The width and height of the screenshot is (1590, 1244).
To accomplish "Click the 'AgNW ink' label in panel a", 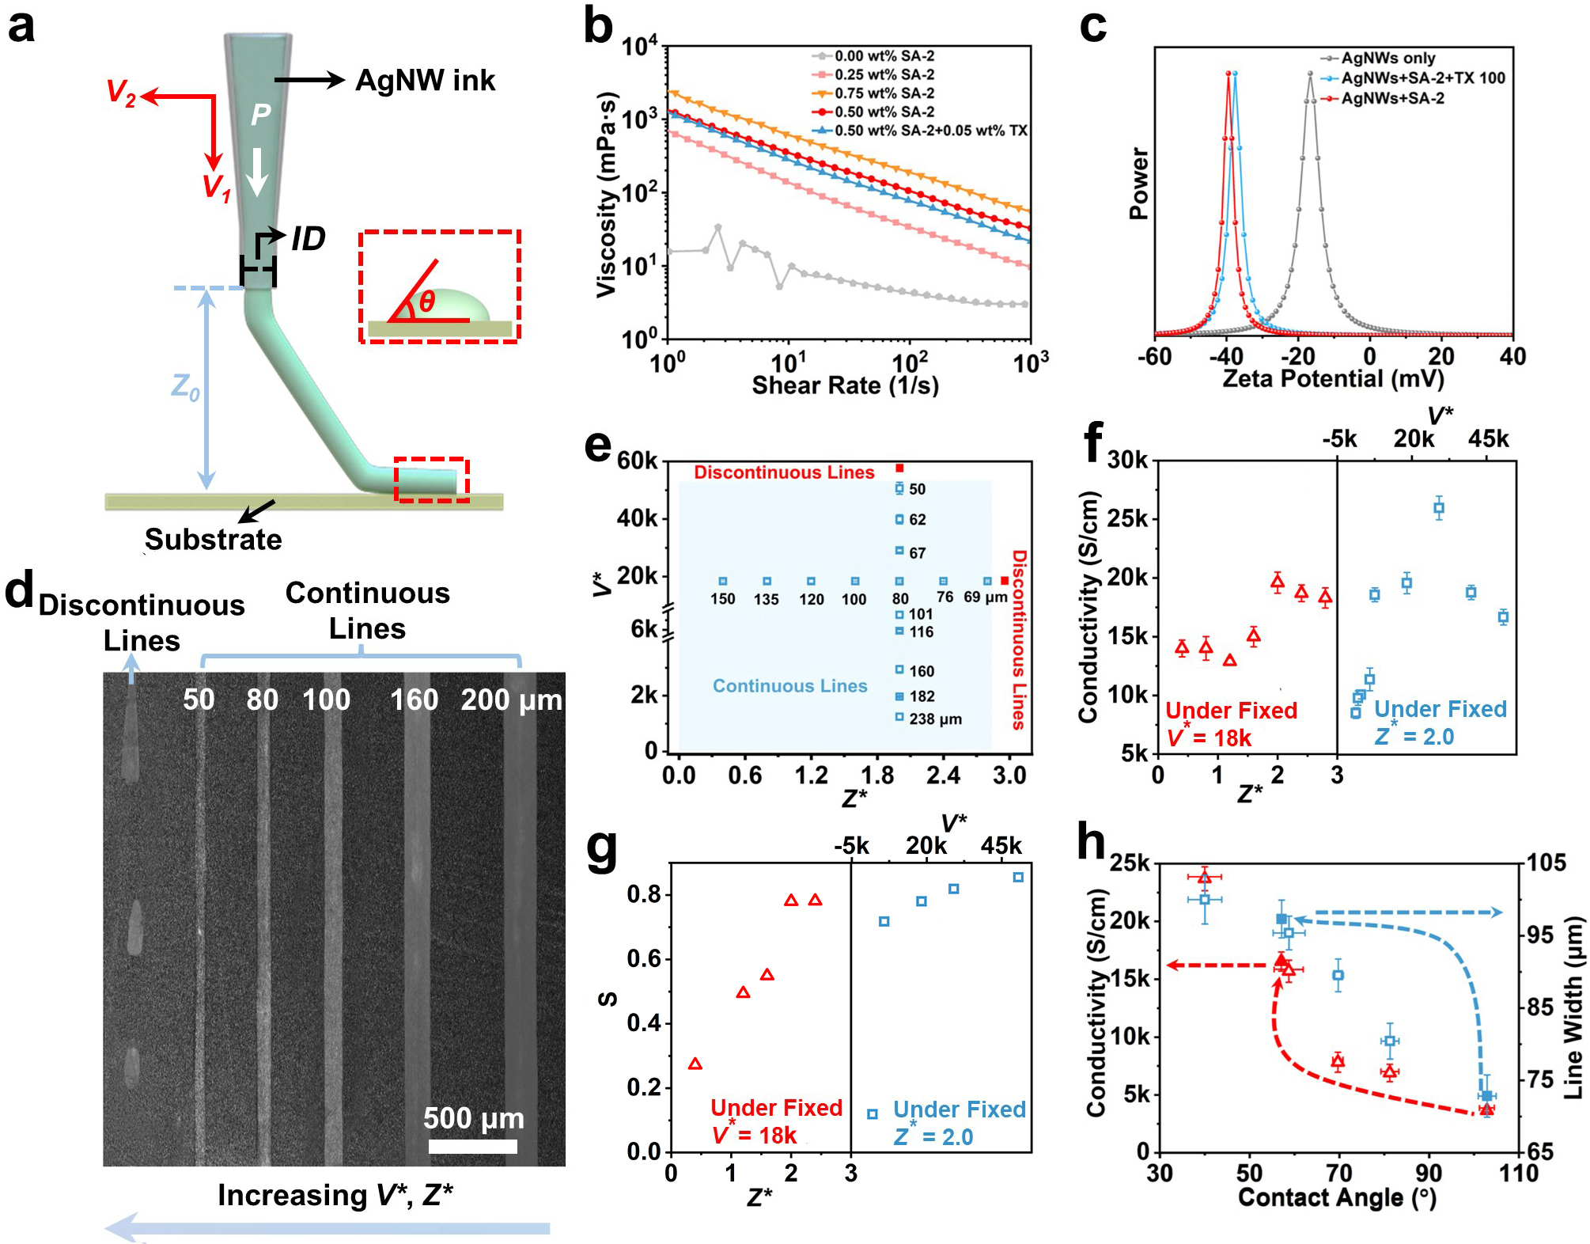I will coord(425,80).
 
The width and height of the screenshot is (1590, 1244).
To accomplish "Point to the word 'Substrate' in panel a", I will coord(213,539).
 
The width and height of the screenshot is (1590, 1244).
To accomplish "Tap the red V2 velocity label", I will coord(121,92).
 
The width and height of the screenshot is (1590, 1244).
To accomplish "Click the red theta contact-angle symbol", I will coord(427,301).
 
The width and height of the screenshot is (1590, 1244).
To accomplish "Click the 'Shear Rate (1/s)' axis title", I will coord(845,385).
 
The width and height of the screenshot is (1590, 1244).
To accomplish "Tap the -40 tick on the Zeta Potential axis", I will coord(1225,356).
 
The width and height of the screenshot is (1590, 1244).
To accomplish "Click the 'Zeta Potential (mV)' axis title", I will coord(1334,378).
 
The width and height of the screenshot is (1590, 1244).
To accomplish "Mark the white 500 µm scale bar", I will coord(473,1146).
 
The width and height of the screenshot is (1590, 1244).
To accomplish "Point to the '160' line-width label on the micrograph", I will coord(414,700).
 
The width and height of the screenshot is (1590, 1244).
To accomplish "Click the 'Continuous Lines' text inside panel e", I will coord(789,686).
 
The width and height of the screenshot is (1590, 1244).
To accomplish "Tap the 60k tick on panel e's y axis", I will coord(637,461).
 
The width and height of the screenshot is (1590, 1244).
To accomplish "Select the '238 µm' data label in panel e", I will coord(935,719).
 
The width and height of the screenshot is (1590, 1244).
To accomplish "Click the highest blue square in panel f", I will coord(1438,509).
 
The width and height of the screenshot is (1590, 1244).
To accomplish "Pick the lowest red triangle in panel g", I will coord(695,1064).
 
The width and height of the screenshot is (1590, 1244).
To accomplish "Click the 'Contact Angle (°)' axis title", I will coord(1337,1197).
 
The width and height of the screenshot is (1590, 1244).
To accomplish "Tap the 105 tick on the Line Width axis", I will coord(1546,863).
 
